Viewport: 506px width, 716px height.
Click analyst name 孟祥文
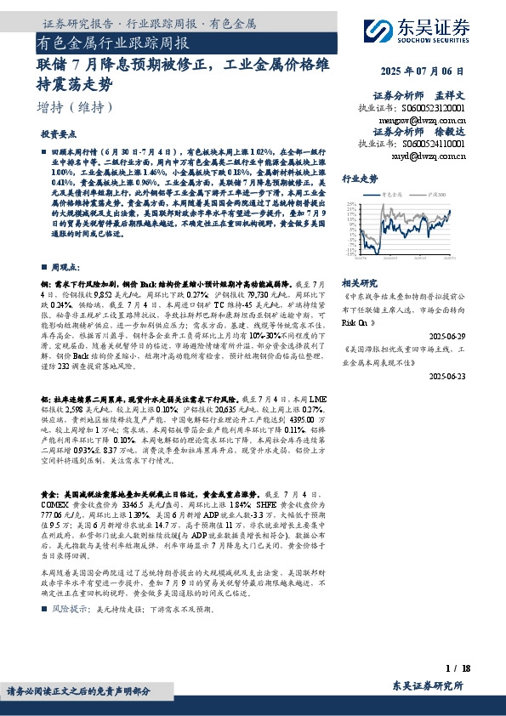[x=453, y=95]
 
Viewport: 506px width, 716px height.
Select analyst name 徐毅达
[x=453, y=132]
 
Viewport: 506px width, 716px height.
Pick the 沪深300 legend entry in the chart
[x=430, y=195]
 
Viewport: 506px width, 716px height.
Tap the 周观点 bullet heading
[x=65, y=265]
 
